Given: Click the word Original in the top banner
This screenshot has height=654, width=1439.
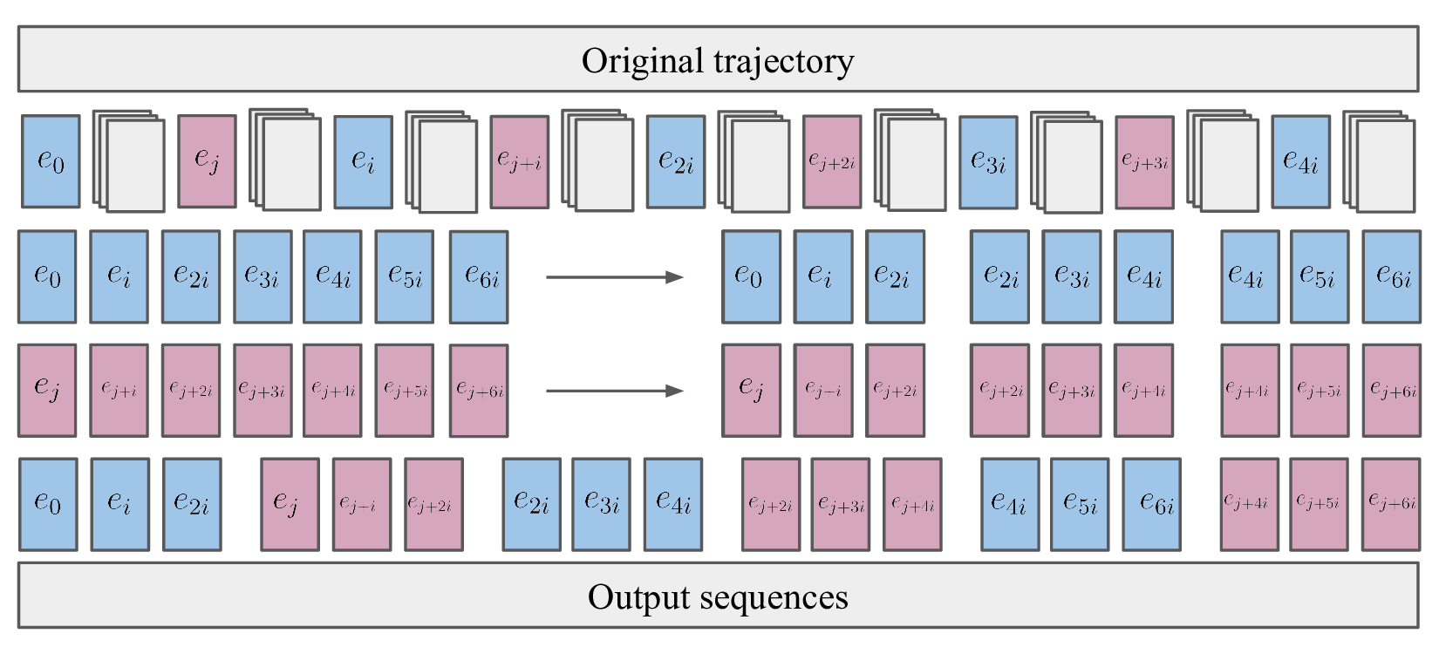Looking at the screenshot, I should point(642,61).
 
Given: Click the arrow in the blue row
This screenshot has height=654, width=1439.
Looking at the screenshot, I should point(614,277).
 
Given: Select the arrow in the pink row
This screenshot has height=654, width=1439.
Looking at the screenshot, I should point(614,391).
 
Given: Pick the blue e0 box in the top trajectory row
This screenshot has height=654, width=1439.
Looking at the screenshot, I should point(51,161).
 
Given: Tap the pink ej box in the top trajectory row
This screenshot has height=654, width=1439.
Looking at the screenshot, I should point(207,161).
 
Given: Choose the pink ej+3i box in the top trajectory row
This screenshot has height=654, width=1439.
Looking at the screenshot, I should point(1144,162).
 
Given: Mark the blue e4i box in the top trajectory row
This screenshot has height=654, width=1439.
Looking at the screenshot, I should point(1300,162).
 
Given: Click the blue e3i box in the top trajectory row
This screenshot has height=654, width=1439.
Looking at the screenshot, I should point(988,162).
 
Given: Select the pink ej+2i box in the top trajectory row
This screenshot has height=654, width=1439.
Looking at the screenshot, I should point(832,162).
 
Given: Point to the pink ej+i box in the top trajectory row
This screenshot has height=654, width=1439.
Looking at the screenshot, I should point(519,161).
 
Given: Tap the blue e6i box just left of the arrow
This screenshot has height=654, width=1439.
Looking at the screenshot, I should point(479,277).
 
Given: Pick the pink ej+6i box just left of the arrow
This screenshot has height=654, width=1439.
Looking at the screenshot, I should point(479,391).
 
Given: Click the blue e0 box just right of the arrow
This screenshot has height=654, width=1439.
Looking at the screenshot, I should point(751,276).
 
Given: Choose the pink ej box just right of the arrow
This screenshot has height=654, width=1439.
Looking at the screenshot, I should point(751,390).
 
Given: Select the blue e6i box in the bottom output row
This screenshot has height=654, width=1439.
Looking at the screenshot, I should point(1151,504).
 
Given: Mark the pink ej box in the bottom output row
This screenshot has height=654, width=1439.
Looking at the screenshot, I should point(290,504).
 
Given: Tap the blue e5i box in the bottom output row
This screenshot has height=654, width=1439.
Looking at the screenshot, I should point(1080,504).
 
